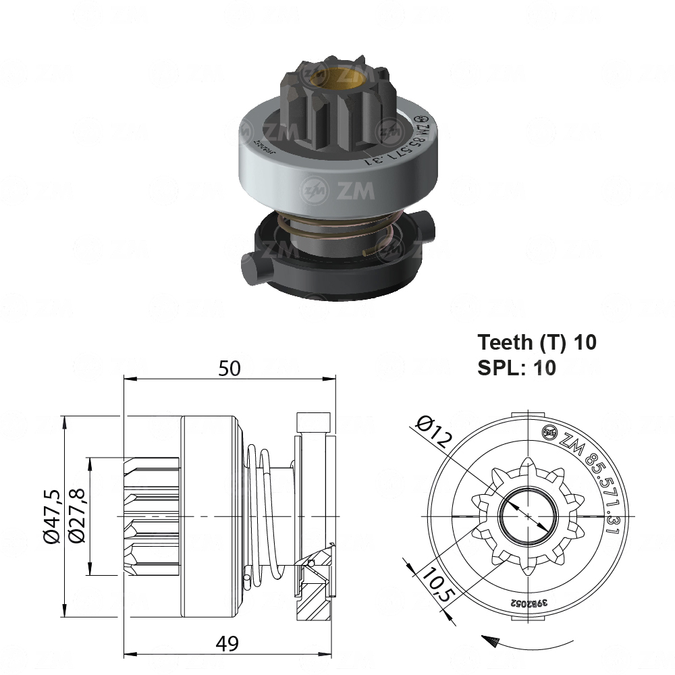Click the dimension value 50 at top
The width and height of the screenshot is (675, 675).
pos(230,368)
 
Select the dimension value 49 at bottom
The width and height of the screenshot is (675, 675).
pos(228,645)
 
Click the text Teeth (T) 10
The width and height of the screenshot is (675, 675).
pos(537,342)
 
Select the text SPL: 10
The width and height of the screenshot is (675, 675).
pos(516,368)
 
